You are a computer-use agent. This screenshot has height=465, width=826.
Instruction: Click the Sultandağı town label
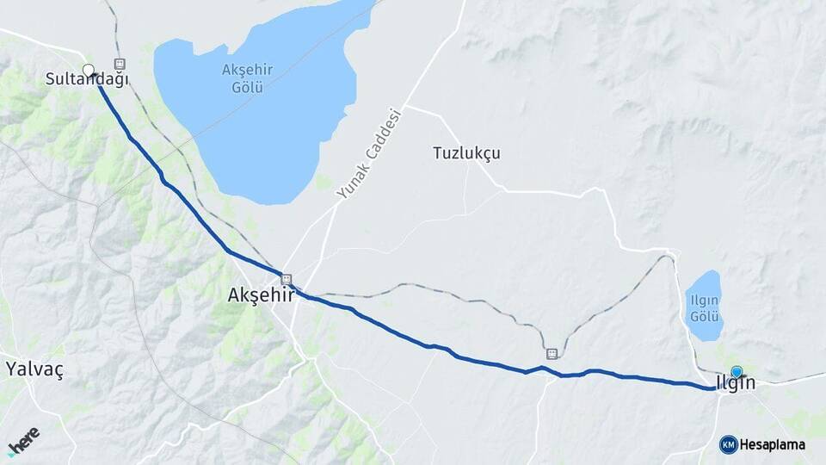[x=87, y=80]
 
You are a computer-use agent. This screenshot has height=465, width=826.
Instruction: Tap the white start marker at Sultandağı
[x=88, y=70]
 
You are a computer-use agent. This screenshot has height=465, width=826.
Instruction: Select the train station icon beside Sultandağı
[x=119, y=64]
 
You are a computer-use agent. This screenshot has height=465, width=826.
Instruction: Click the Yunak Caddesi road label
[x=369, y=153]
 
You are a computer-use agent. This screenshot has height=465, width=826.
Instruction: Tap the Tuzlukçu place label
[x=465, y=153]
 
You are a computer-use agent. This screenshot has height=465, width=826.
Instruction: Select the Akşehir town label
[x=261, y=294]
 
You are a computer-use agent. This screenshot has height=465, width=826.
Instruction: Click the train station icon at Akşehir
[x=286, y=278]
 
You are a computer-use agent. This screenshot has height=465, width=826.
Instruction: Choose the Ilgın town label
[x=736, y=383]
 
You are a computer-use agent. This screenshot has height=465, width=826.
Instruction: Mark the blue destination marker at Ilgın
[x=737, y=372]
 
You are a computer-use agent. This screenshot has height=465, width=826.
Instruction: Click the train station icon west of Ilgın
[x=551, y=353]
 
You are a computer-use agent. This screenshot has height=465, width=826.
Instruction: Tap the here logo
[x=23, y=439]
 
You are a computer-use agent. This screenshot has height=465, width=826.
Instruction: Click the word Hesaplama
[x=773, y=444]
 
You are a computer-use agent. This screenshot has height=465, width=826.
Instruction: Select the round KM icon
[x=728, y=444]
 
